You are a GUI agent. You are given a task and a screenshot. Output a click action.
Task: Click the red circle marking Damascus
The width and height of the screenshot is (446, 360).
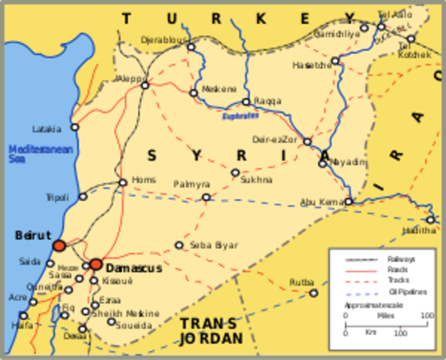[96, 264]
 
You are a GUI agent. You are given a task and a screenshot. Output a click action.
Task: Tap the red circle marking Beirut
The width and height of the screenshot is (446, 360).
[59, 245]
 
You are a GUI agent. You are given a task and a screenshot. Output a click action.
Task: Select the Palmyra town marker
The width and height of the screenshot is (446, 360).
[206, 197]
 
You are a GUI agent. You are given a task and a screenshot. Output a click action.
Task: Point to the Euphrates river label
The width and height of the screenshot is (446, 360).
[239, 116]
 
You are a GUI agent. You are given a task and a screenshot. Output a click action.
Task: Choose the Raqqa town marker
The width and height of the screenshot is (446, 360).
[246, 102]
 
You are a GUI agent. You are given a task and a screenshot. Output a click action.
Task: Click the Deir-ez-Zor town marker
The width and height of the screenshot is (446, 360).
[307, 141]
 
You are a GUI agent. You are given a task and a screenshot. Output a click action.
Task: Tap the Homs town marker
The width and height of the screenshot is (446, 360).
[123, 182]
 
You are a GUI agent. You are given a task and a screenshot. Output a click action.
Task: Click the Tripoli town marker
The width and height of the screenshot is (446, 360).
[83, 196]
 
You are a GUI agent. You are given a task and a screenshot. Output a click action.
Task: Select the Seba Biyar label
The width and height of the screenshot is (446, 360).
[214, 245]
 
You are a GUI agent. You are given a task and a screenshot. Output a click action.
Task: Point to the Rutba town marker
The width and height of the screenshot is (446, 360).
[313, 292]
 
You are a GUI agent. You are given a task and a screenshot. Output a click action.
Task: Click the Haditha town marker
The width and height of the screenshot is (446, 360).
[430, 219]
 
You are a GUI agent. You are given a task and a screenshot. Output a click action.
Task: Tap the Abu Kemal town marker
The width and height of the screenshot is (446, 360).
[349, 201]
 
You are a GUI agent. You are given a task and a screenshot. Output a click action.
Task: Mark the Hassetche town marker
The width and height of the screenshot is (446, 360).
[335, 60]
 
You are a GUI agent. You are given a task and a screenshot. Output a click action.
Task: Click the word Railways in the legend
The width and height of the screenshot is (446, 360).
[401, 259]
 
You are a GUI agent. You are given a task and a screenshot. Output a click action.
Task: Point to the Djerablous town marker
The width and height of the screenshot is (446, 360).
[191, 46]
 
